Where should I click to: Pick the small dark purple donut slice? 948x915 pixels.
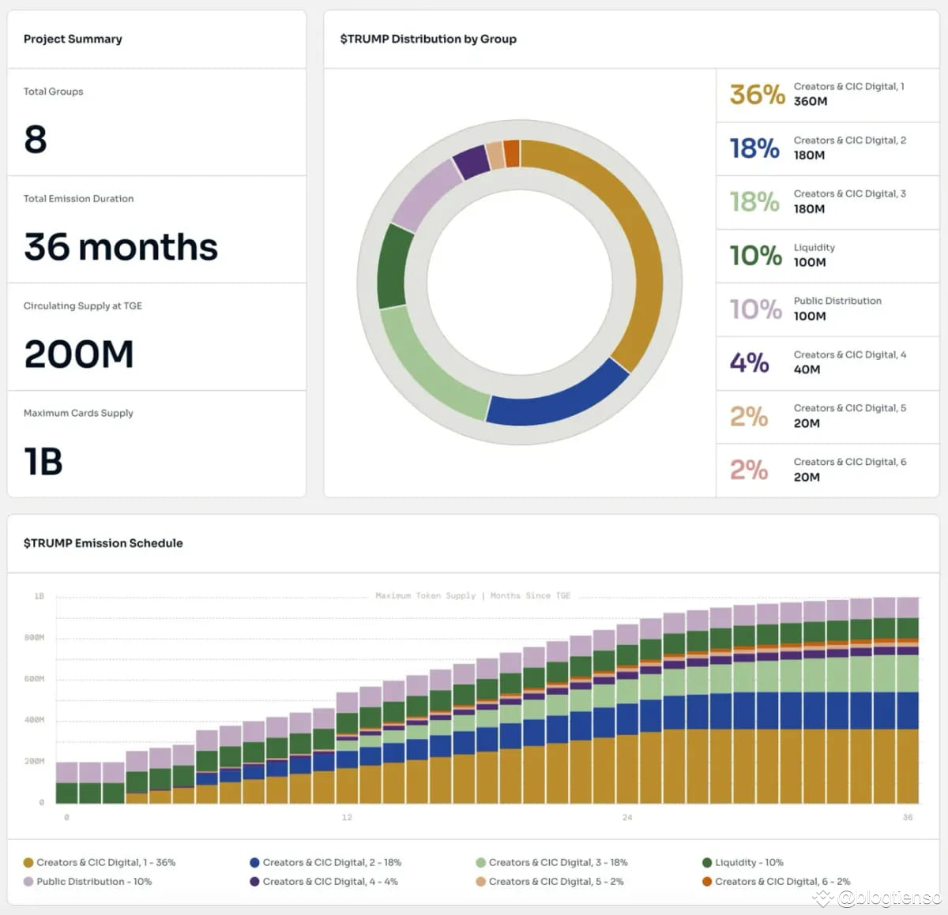[x=472, y=162]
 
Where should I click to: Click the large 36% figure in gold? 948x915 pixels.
[x=756, y=95]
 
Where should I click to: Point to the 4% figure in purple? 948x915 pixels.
[x=749, y=362]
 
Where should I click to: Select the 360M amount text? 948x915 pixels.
[x=811, y=102]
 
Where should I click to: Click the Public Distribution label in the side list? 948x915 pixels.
[x=837, y=301]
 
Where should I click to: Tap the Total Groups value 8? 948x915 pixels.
[x=36, y=140]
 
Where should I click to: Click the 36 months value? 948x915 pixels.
[x=120, y=247]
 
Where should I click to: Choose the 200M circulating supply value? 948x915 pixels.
[x=79, y=354]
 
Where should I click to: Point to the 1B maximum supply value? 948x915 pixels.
[x=43, y=462]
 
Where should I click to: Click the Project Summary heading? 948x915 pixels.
[x=73, y=39]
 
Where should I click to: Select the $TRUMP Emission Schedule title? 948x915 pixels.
[x=103, y=543]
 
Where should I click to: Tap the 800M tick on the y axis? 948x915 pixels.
[x=34, y=637]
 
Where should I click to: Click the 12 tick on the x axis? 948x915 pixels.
[x=347, y=817]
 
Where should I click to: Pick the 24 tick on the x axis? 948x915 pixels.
[x=627, y=817]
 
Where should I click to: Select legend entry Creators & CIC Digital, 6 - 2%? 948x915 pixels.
[x=782, y=881]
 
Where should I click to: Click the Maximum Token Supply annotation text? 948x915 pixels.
[x=426, y=595]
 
